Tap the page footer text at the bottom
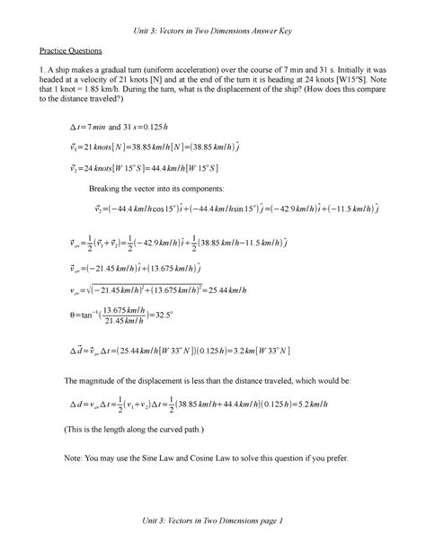[x=211, y=522]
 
